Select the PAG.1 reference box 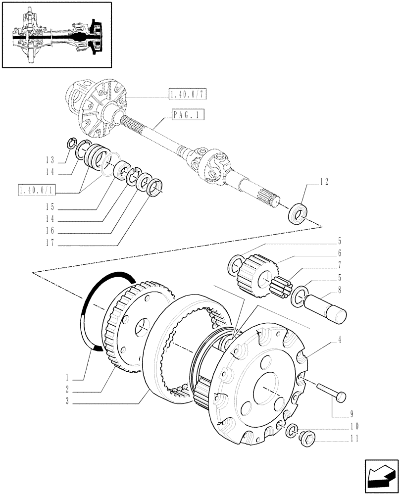(188, 116)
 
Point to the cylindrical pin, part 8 (326, 307)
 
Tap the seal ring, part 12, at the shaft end (298, 210)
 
